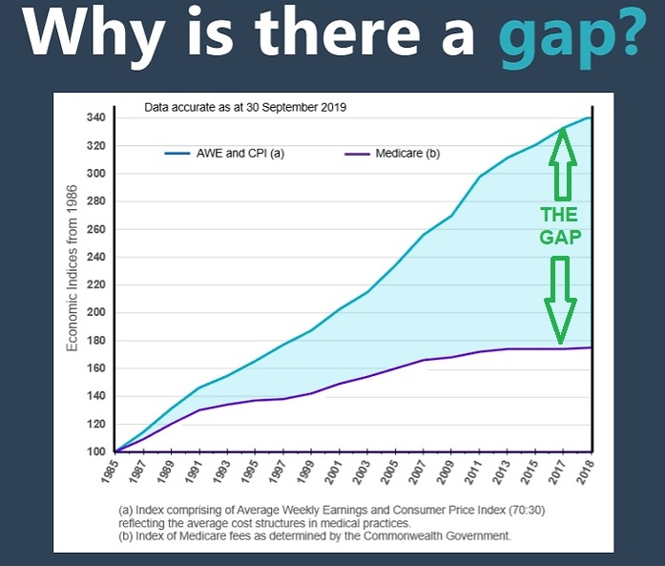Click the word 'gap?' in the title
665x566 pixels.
tap(575, 36)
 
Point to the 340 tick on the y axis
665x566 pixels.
tap(94, 118)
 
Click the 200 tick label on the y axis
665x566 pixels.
tap(94, 313)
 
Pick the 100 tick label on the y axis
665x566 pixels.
tap(94, 451)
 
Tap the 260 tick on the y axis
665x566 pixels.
tap(94, 229)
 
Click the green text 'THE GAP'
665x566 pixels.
tap(559, 226)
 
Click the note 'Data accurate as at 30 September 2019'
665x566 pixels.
tap(244, 108)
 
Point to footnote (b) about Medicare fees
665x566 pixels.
tap(315, 536)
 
